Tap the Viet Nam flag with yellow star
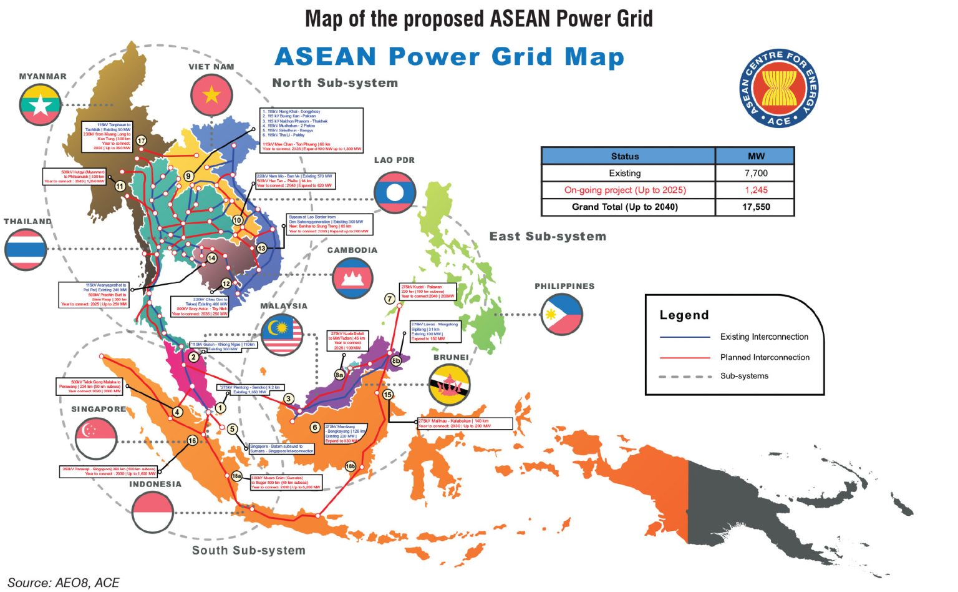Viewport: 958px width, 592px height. tap(212, 95)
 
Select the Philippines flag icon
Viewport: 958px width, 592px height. tap(562, 314)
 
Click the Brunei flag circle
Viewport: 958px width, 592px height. tap(449, 385)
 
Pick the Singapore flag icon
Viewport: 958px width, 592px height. tap(96, 437)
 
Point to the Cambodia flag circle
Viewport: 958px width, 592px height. tap(353, 277)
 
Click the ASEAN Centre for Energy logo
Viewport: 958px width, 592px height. tap(778, 88)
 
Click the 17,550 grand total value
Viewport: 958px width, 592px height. tap(755, 207)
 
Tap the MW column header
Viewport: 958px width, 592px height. tap(755, 156)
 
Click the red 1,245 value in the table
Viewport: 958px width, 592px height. tap(755, 190)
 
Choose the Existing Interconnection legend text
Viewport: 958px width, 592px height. tap(764, 337)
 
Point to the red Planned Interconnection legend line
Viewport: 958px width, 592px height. tap(685, 358)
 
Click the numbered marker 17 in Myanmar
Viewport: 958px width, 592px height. tap(142, 141)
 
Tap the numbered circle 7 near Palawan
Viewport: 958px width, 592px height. tap(390, 298)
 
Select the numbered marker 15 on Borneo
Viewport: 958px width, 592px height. tap(388, 395)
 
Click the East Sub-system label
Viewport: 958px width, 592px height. tap(548, 237)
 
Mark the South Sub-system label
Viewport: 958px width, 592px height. tap(249, 550)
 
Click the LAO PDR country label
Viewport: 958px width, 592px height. tap(394, 160)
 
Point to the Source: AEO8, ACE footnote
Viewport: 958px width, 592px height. tap(63, 583)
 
